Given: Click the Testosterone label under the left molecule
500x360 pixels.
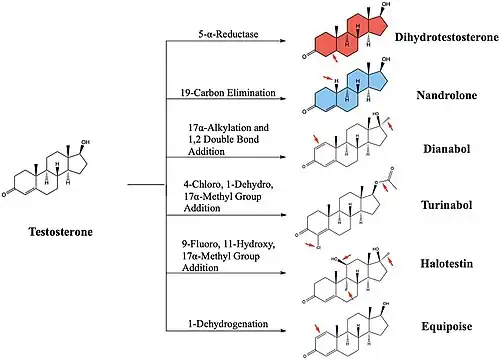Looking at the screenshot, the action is tap(60, 232).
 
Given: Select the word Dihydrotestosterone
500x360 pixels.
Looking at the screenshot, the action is tap(447, 37).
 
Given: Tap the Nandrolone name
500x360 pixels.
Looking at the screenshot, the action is tap(446, 95).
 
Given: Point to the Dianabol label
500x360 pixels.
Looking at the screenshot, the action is tap(447, 149).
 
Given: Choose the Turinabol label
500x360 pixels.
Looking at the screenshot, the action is tap(447, 205).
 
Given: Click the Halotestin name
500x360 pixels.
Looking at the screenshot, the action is tap(447, 264).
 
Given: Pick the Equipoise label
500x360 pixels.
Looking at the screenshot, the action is tap(447, 326).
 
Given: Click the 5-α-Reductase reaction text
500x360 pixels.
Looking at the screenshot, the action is tap(228, 34).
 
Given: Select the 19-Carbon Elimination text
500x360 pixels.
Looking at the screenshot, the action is tap(228, 92).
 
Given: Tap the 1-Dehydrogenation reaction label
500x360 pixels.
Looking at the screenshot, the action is tap(228, 324).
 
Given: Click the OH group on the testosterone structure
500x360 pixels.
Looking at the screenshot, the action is tap(85, 142).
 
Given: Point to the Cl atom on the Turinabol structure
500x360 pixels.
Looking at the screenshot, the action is tap(318, 247).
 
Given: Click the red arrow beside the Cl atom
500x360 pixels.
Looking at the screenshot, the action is tap(310, 245).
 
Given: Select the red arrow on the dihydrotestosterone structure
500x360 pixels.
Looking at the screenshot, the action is tap(336, 58).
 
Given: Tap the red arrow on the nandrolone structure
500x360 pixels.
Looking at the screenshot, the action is tap(328, 78).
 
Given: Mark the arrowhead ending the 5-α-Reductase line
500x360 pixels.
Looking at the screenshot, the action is tap(283, 41).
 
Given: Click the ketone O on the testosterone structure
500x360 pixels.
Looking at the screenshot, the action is tap(4, 194).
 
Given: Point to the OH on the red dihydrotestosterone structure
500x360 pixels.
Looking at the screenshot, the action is tap(386, 4).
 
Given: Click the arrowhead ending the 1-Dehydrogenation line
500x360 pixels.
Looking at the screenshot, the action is tap(283, 331).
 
